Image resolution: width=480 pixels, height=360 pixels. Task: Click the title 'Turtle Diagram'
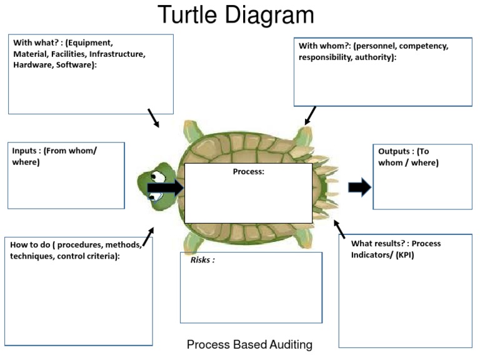pos(236,15)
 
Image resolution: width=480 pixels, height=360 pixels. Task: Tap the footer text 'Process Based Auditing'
pos(249,344)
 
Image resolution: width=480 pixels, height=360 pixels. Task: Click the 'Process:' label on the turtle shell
pos(249,172)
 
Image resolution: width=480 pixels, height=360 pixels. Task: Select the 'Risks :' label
pos(202,260)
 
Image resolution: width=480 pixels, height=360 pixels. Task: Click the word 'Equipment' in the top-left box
pos(91,43)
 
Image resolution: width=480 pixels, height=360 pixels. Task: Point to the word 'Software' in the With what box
pos(74,64)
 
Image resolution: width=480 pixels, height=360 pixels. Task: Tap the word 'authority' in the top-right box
pos(374,57)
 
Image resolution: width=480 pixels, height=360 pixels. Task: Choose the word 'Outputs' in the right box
pos(395,152)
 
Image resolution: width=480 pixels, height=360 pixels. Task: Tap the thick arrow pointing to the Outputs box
pos(359,187)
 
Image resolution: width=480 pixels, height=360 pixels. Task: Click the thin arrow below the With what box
pos(153,117)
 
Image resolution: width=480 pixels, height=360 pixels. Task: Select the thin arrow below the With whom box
pos(310,116)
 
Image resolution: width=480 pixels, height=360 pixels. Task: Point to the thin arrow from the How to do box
pos(147,237)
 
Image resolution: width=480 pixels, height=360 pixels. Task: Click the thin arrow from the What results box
pos(339,229)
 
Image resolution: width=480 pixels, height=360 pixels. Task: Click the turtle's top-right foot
pos(305,134)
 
